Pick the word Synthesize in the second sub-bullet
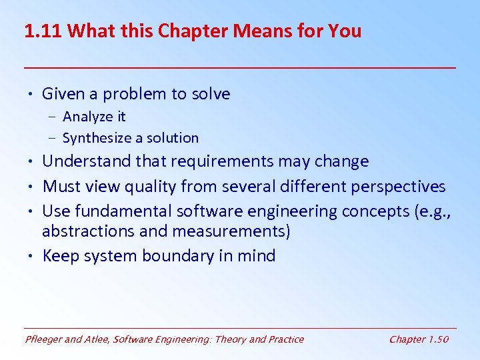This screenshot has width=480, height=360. point(95,138)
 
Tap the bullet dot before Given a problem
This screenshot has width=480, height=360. point(31,94)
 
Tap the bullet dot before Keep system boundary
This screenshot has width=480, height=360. point(31,256)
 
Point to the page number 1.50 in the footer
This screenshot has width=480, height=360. point(438,339)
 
